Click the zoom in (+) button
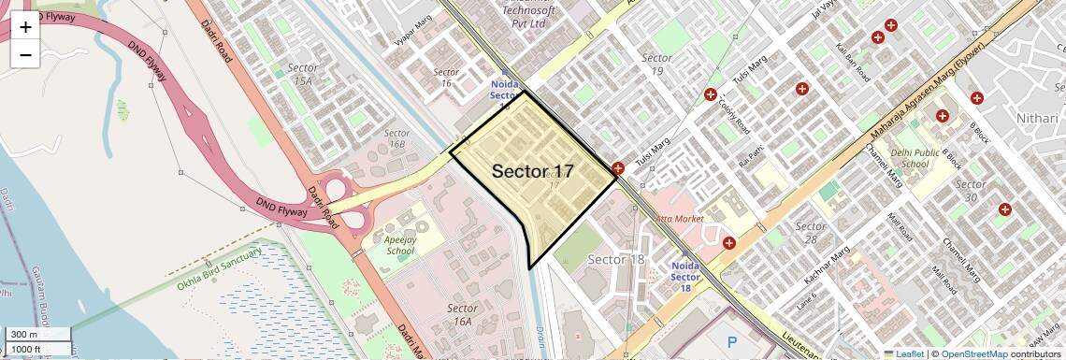point(25,27)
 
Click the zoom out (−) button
point(25,55)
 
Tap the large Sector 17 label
point(532,171)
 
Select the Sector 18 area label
point(616,259)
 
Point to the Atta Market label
point(679,218)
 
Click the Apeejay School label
point(399,245)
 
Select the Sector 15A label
point(303,74)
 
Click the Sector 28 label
point(811,233)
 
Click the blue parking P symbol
point(732,342)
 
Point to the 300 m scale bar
point(37,335)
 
